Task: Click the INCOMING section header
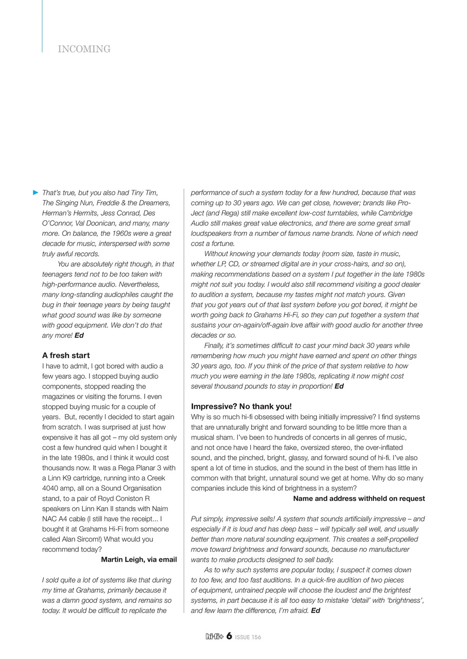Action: point(84,49)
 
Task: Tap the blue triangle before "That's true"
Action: point(36,193)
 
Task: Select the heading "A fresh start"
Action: point(66,355)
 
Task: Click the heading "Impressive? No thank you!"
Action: point(241,406)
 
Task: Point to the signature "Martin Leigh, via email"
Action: point(139,560)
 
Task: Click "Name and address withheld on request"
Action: point(359,498)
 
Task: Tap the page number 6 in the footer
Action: point(229,636)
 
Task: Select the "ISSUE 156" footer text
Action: point(248,637)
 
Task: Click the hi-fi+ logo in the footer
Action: point(214,637)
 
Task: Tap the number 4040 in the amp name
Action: point(51,489)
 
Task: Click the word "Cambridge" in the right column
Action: point(392,213)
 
